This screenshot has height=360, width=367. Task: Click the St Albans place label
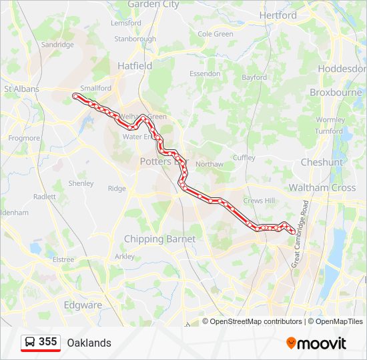coord(22,89)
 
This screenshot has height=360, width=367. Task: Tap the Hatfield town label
coord(135,66)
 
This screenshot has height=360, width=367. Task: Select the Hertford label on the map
coord(278,15)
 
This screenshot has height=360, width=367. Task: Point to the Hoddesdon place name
coord(342,69)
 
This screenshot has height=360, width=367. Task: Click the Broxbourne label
coord(336,93)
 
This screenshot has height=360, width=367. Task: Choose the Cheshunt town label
coord(322,162)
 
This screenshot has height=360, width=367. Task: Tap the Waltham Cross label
coord(322,188)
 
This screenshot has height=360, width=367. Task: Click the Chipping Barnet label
coord(159,239)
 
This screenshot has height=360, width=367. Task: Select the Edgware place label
coord(83,305)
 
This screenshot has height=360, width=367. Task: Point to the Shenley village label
coord(81,183)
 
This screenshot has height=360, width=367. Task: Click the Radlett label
coord(45,197)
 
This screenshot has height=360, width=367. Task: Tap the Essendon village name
coord(205,73)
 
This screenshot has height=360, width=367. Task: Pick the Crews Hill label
coord(259,201)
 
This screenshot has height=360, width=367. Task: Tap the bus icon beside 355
coord(30,343)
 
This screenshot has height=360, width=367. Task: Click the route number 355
coord(48,342)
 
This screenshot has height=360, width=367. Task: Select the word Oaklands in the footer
coord(89,343)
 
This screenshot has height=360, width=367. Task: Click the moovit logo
coord(316,343)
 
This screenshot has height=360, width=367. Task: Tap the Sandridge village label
coord(57,45)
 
